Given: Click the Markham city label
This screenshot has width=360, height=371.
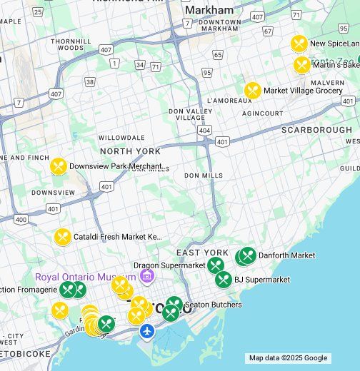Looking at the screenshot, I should [209, 10].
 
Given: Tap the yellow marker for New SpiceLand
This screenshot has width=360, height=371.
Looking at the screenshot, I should [299, 44].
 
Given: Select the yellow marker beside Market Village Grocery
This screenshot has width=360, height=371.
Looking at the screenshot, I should [252, 91].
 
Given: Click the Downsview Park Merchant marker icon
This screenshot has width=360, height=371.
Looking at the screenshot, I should [58, 166].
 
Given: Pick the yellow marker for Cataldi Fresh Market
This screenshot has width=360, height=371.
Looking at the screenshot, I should [63, 236].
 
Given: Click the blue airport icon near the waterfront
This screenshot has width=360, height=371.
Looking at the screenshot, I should [147, 331].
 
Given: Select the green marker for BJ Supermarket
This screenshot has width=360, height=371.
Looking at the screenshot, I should [224, 280].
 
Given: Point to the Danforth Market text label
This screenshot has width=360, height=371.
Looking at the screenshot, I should [286, 255].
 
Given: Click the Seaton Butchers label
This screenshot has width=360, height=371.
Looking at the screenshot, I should [213, 305].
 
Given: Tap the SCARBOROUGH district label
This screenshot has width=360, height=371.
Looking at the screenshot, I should [316, 130].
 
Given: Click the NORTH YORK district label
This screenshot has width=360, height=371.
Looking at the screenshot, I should [130, 151].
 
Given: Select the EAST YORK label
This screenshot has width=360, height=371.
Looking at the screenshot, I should [202, 253].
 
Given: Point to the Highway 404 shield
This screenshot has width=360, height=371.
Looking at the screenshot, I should [205, 131].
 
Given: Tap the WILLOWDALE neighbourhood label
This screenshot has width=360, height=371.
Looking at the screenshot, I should [121, 137].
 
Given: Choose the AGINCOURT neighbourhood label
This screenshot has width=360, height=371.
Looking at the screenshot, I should [262, 113].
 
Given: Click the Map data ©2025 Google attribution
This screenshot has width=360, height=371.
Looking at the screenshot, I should [288, 358].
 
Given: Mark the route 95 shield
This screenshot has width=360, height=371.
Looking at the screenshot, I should [206, 72].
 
